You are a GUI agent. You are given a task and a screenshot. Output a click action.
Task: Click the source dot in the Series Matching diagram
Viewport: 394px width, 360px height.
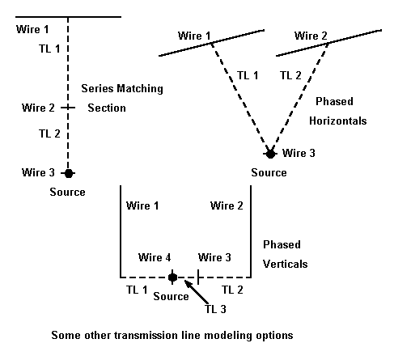click(69, 173)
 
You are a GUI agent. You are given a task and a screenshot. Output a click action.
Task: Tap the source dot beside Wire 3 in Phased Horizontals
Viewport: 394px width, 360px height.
click(270, 154)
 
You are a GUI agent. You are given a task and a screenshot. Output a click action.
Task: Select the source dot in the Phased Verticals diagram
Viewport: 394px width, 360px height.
click(172, 277)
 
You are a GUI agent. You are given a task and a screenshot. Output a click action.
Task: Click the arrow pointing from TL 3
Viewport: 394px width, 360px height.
click(197, 292)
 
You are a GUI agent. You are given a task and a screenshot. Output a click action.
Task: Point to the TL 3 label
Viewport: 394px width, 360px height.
click(215, 309)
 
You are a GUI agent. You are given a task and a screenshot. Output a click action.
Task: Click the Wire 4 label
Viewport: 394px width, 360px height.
click(155, 257)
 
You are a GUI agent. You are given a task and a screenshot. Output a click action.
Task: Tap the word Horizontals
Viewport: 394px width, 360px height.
click(338, 121)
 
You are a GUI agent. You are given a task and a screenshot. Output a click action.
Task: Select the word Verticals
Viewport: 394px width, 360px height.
click(286, 264)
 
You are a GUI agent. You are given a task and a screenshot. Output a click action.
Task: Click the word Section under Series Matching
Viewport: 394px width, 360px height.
click(107, 108)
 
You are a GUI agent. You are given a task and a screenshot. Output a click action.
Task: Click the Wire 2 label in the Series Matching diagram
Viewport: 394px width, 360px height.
click(38, 108)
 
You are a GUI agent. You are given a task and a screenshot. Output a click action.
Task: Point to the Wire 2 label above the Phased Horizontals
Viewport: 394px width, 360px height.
click(311, 36)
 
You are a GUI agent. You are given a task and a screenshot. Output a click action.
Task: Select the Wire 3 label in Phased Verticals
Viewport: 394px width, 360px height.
click(214, 257)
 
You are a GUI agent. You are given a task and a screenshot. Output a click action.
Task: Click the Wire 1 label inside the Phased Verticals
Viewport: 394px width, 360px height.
click(142, 205)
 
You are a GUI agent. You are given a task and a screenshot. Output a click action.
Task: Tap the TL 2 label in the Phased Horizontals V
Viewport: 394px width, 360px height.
click(290, 75)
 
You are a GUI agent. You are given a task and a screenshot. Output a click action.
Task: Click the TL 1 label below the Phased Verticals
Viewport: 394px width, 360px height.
click(137, 290)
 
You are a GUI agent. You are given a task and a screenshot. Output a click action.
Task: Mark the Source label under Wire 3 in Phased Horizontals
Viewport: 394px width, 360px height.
click(269, 172)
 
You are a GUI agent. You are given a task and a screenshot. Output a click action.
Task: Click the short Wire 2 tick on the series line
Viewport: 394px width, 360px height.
click(68, 108)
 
